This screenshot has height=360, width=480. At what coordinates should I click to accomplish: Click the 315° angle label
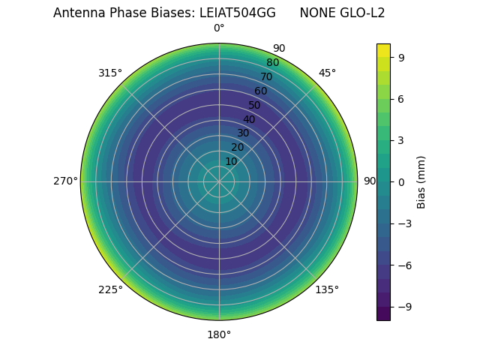pos(109,73)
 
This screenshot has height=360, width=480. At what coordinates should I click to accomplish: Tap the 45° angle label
pos(327,73)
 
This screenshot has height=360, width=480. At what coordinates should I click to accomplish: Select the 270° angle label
pos(65,181)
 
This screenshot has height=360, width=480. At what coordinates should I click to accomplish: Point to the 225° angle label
pos(109,290)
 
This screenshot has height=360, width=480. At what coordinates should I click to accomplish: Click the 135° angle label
pos(327,290)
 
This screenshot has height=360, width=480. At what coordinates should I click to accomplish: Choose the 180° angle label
pos(219,334)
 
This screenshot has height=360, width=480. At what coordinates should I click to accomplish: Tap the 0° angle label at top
pos(219,28)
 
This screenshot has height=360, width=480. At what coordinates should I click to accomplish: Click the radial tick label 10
pos(231,161)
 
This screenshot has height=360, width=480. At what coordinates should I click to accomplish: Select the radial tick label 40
pos(249,119)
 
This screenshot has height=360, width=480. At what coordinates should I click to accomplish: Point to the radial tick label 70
pos(266,77)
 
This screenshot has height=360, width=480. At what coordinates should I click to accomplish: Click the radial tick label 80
pos(272,63)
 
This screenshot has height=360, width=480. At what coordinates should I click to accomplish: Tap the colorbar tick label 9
pos(401,57)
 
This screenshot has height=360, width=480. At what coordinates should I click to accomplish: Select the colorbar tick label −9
pos(404,307)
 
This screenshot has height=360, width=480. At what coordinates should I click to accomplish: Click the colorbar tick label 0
pos(401,182)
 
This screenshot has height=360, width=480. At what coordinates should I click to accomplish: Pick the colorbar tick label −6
pos(404,265)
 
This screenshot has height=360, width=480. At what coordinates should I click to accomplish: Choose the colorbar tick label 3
pos(401,140)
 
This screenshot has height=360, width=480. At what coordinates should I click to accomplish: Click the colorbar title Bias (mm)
pos(421,181)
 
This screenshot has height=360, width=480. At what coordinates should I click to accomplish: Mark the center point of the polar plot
pos(219,181)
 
